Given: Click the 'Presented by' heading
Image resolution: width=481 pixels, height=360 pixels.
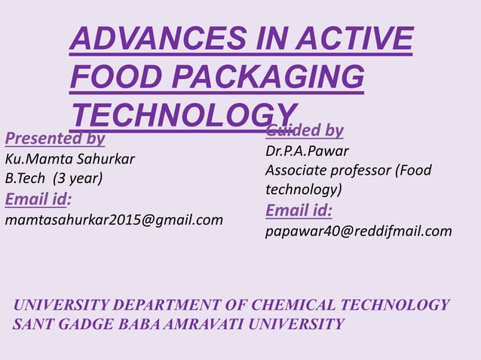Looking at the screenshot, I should tap(55, 139).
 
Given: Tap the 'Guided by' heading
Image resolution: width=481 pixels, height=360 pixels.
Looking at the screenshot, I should tap(305, 131).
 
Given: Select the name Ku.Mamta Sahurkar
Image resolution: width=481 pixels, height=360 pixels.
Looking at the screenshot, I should tap(70, 159).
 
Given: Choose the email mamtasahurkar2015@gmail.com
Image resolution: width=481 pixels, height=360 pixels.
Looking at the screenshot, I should tap(115, 220).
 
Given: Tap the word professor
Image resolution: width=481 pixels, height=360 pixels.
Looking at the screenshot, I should tap(366, 170).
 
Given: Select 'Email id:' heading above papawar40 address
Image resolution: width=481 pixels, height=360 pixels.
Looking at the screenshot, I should tap(299, 210).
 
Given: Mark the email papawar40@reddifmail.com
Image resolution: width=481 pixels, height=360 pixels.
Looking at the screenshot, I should tap(359, 230).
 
